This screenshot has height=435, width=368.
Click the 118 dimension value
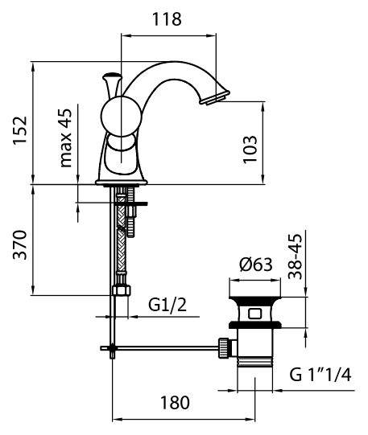(x=167, y=19)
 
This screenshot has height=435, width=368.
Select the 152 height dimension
(x=20, y=130)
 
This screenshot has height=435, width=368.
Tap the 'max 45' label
(x=66, y=137)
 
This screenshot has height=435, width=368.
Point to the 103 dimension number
(x=250, y=150)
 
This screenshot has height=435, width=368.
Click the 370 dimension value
(x=20, y=244)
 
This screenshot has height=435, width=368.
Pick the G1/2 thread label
(x=167, y=305)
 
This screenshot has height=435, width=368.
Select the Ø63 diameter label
(x=256, y=264)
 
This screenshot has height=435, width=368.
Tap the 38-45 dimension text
(x=295, y=256)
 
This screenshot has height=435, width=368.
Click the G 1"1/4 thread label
(x=320, y=375)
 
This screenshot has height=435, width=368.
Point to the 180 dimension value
(x=175, y=403)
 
